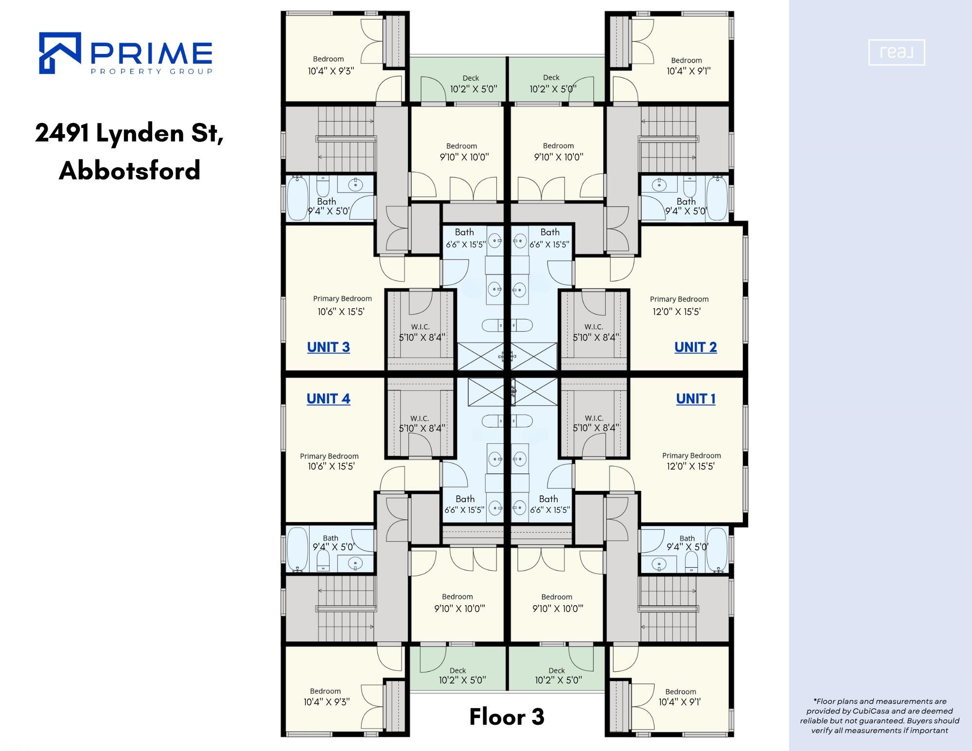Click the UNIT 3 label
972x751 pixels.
[328, 347]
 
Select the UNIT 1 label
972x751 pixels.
[696, 399]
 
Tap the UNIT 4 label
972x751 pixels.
[328, 399]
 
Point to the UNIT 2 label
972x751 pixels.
[695, 347]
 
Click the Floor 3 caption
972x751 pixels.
[507, 716]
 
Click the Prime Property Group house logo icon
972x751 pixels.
[60, 53]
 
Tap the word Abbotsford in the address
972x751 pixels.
[130, 170]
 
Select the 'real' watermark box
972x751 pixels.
[897, 52]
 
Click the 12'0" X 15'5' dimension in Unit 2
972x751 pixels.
[676, 312]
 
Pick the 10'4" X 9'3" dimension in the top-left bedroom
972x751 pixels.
[331, 71]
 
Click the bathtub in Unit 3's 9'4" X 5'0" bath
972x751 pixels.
[298, 198]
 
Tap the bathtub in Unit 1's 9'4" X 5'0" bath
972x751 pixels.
[717, 550]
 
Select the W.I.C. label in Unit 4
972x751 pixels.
[420, 418]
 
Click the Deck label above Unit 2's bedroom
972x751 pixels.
[551, 78]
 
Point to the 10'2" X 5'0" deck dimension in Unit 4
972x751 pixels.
[462, 680]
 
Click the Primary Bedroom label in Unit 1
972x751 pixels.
[691, 455]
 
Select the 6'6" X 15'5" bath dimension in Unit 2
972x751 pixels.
[549, 244]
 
